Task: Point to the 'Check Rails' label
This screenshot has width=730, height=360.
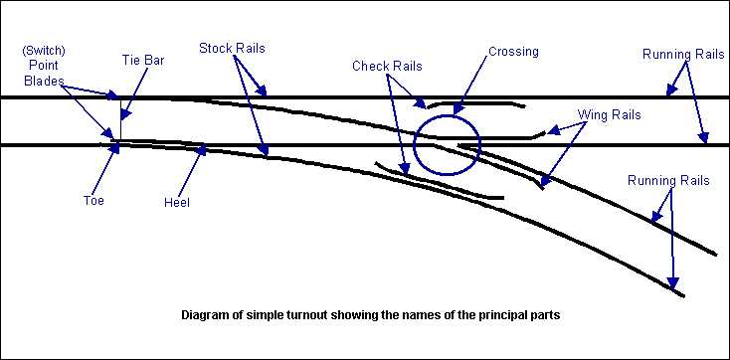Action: (388, 66)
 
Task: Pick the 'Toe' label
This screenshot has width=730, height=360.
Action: (92, 200)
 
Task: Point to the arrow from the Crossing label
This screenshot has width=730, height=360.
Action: (477, 84)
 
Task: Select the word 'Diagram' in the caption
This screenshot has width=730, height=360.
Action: (206, 316)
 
